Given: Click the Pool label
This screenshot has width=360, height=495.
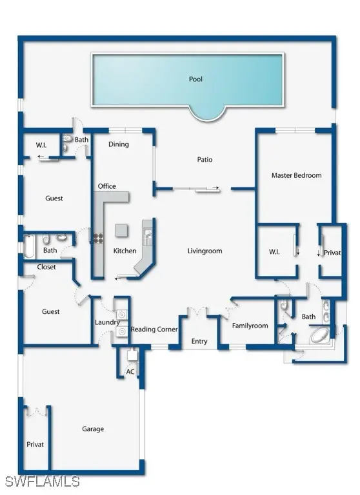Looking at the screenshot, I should pyautogui.click(x=195, y=79).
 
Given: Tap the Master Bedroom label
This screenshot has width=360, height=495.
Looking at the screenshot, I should pyautogui.click(x=296, y=175).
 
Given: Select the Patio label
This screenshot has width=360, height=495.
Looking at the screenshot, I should pyautogui.click(x=205, y=159).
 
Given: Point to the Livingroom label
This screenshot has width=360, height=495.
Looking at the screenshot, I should pyautogui.click(x=205, y=251).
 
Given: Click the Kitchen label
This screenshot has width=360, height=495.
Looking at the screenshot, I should pyautogui.click(x=125, y=251).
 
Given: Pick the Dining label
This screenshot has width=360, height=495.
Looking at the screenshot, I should pyautogui.click(x=119, y=144).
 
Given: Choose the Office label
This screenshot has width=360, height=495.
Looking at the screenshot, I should pyautogui.click(x=107, y=186).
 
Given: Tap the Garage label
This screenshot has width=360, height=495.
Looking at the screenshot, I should pyautogui.click(x=93, y=429).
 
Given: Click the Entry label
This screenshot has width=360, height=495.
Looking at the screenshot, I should pyautogui.click(x=199, y=341).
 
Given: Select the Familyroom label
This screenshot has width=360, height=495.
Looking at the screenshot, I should pyautogui.click(x=250, y=325).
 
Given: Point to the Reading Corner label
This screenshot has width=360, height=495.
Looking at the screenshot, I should pyautogui.click(x=154, y=329).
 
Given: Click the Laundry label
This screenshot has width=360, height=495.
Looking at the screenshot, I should pyautogui.click(x=107, y=322).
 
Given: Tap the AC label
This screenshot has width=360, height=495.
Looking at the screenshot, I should pyautogui.click(x=130, y=372).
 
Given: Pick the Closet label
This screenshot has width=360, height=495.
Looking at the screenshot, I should pyautogui.click(x=46, y=267).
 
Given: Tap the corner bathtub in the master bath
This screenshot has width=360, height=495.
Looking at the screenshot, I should pyautogui.click(x=320, y=335).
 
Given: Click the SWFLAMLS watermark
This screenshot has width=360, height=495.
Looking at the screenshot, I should pyautogui.click(x=42, y=481).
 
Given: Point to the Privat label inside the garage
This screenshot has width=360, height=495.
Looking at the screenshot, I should pyautogui.click(x=35, y=444).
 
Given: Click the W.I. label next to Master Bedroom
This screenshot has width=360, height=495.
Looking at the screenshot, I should pyautogui.click(x=274, y=251).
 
